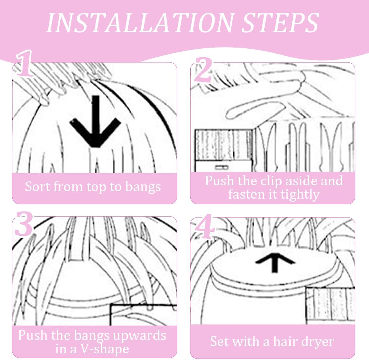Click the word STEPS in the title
coord(276,22)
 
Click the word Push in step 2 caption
coord(219,181)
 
